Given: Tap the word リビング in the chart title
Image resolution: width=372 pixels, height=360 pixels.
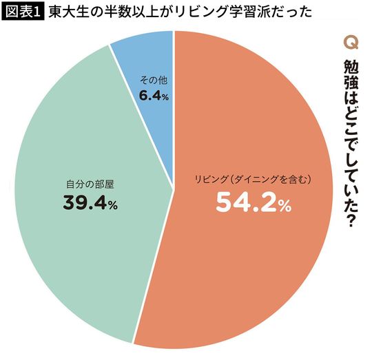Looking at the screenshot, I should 189,12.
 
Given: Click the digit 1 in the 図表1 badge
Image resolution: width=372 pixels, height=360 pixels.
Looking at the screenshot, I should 38,12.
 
